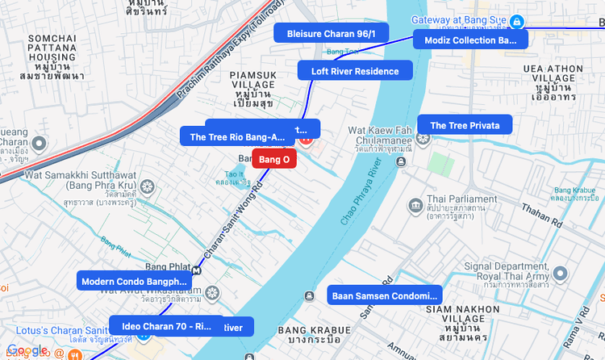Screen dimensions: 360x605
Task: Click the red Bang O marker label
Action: pyautogui.click(x=274, y=159)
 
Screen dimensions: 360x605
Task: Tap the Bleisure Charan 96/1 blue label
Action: pyautogui.click(x=332, y=32)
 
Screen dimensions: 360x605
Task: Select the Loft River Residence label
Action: pyautogui.click(x=355, y=71)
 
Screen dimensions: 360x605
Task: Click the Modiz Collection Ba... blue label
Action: pyautogui.click(x=470, y=40)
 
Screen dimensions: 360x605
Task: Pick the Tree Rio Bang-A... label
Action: pyautogui.click(x=237, y=137)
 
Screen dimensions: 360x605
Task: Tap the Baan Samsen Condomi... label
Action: pyautogui.click(x=386, y=295)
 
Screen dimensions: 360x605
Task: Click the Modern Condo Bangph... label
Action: pyautogui.click(x=134, y=281)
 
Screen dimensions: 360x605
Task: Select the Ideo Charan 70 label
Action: pyautogui.click(x=166, y=325)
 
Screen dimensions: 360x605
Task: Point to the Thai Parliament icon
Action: pyautogui.click(x=415, y=204)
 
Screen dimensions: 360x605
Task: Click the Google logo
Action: pyautogui.click(x=27, y=350)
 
